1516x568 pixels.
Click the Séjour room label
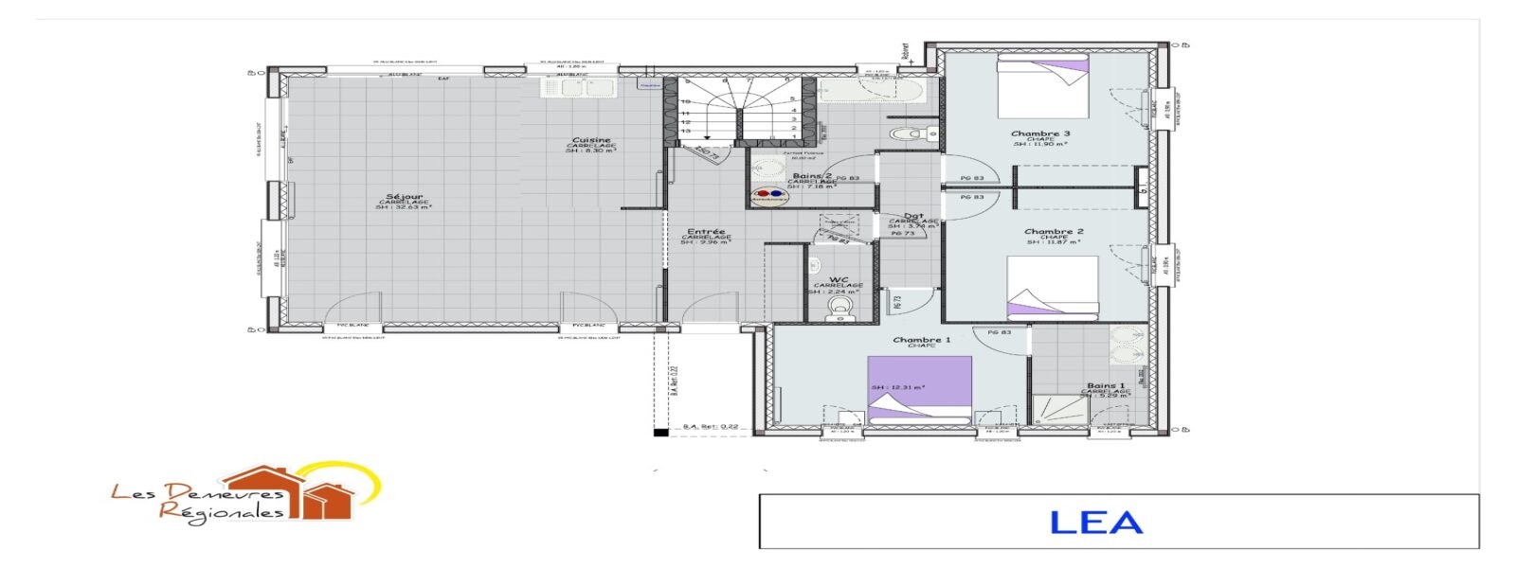(405, 197)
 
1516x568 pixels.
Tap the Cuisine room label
(591, 141)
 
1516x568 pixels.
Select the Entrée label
(706, 232)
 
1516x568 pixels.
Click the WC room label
(839, 280)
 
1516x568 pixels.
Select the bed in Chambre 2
(1052, 286)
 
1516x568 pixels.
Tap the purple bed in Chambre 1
(919, 389)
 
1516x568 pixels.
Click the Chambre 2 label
(1054, 232)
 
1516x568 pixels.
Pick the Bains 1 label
(1106, 386)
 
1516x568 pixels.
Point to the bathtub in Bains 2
(871, 90)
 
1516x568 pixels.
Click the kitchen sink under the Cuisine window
(579, 87)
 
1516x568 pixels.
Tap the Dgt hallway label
(913, 217)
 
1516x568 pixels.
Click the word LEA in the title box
(1096, 523)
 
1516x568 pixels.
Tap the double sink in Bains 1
(1128, 346)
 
